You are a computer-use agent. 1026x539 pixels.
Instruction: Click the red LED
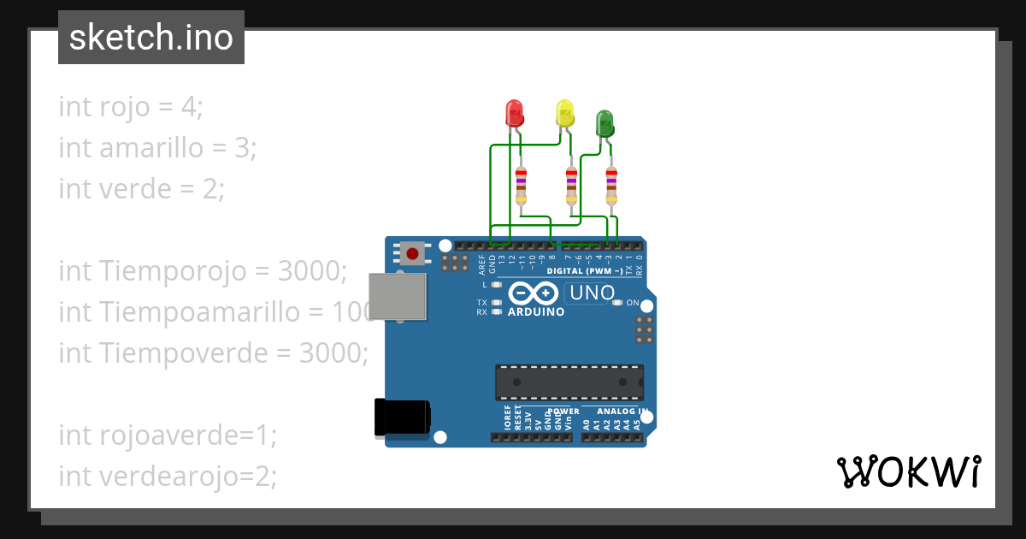click(x=514, y=113)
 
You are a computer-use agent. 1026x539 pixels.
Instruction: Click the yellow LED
click(x=564, y=113)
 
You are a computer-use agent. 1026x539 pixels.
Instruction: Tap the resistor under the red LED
click(x=521, y=186)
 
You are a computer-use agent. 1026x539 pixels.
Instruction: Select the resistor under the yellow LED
click(x=571, y=186)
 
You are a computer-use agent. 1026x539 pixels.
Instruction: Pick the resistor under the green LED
click(x=610, y=186)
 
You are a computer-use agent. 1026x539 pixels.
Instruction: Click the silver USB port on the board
click(x=397, y=297)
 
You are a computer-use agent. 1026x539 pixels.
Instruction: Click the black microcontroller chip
click(x=569, y=382)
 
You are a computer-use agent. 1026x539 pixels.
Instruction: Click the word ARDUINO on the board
click(x=536, y=312)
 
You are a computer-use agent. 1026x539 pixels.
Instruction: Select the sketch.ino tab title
click(x=151, y=38)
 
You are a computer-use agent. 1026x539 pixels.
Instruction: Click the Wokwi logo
click(x=907, y=471)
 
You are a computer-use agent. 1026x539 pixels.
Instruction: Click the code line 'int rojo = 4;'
click(x=131, y=108)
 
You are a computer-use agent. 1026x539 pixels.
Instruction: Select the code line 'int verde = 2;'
click(x=141, y=188)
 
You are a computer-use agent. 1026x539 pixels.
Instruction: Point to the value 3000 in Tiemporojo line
click(x=311, y=271)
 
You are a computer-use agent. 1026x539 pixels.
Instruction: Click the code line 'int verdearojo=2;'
click(x=168, y=476)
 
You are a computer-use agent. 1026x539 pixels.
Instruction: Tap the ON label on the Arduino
click(x=633, y=303)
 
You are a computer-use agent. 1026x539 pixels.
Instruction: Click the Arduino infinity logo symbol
click(x=536, y=293)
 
